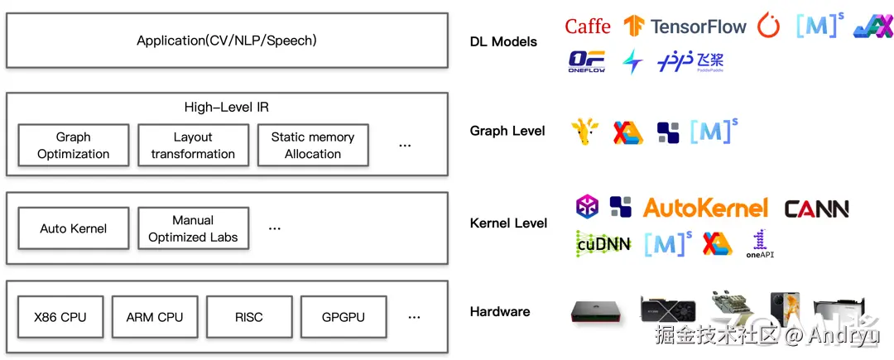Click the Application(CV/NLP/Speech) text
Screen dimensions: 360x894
pos(227,40)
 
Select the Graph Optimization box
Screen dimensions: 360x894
pos(73,146)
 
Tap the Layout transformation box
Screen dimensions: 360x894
pos(193,146)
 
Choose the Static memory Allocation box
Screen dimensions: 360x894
pos(313,146)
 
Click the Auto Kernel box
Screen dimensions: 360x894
pos(73,228)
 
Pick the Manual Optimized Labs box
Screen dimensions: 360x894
pos(193,228)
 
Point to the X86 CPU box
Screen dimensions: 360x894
pos(60,317)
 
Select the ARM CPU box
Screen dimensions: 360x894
pos(155,317)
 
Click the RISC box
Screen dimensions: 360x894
pos(248,317)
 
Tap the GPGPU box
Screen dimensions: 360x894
pos(343,317)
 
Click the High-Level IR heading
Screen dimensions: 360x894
pos(226,108)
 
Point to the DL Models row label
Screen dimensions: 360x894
pos(503,41)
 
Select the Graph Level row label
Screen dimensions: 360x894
pos(507,131)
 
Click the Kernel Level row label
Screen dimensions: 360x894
pos(508,223)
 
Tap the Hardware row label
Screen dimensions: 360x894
pos(500,312)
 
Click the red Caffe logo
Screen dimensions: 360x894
pos(588,26)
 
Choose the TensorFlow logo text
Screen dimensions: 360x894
pos(699,26)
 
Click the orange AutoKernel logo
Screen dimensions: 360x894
pos(705,208)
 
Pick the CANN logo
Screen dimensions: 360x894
pos(816,209)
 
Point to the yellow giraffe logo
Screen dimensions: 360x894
pos(585,132)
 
